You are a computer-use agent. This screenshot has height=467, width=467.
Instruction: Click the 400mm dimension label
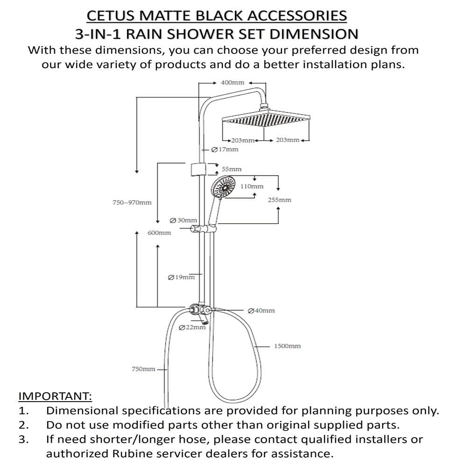tap(232, 83)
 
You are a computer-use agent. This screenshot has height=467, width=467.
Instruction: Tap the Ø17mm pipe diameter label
tap(225, 149)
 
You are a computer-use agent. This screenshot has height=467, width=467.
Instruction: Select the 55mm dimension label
tap(232, 169)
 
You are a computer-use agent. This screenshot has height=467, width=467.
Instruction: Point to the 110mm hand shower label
tap(252, 186)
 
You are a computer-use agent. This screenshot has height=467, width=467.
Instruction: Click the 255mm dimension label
tap(279, 200)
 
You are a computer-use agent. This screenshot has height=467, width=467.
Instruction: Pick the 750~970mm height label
tap(132, 203)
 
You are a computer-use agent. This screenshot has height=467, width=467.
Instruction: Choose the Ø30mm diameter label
tap(183, 220)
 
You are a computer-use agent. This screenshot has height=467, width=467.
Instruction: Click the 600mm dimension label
tap(159, 233)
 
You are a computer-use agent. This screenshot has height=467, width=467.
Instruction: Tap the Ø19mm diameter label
tap(181, 277)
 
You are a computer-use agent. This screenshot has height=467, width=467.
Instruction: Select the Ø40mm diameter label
tap(261, 311)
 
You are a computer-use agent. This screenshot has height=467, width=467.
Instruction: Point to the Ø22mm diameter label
tap(192, 327)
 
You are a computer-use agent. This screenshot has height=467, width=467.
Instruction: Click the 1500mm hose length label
tap(287, 346)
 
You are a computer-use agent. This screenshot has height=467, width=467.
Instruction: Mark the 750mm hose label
tap(143, 369)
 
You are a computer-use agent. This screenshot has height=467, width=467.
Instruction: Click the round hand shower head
tap(223, 187)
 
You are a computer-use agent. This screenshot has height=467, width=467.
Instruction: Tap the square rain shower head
tap(266, 119)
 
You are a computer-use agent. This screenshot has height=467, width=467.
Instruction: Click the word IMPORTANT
tap(55, 396)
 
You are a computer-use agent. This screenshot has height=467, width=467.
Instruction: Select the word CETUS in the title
tap(111, 16)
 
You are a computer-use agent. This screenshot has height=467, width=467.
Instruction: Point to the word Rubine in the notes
tap(132, 453)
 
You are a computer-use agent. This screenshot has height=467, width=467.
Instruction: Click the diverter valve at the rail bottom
tap(199, 311)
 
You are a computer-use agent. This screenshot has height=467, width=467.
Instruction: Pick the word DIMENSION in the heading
tap(314, 34)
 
